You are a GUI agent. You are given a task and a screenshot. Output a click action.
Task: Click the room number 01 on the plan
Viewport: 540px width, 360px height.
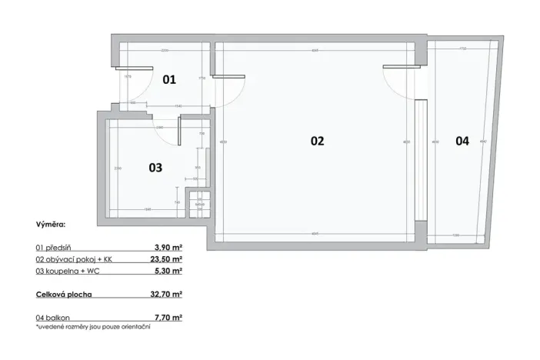[x=169, y=79]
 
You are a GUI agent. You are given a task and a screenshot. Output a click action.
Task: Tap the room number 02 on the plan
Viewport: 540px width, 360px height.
[x=317, y=141]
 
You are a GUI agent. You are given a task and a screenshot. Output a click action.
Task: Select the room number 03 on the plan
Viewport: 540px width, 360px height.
[x=155, y=168]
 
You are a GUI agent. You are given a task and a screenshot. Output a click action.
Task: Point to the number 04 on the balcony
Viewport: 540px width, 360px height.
[x=462, y=141]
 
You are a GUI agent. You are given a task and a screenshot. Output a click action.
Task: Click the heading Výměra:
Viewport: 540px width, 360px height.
[x=50, y=228]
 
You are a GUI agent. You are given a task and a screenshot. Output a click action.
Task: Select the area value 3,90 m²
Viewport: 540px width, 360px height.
[x=168, y=248]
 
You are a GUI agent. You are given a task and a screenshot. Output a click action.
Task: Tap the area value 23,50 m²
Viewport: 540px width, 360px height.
[x=166, y=259]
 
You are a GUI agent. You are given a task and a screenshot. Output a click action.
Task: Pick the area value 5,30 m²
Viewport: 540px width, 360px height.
[x=168, y=271]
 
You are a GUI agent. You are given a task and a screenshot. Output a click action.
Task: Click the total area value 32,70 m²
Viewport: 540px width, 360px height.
[x=166, y=294]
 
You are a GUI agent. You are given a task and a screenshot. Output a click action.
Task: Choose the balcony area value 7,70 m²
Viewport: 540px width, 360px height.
[x=168, y=317]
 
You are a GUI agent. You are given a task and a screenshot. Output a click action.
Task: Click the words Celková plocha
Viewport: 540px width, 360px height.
[x=65, y=294]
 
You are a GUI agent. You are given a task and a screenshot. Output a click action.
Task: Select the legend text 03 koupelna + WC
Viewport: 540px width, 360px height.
[x=69, y=271]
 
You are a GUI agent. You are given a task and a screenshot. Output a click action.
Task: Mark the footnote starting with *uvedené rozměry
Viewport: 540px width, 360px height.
[x=92, y=327]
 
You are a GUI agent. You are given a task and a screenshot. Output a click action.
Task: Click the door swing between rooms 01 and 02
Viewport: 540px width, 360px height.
[x=231, y=88]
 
